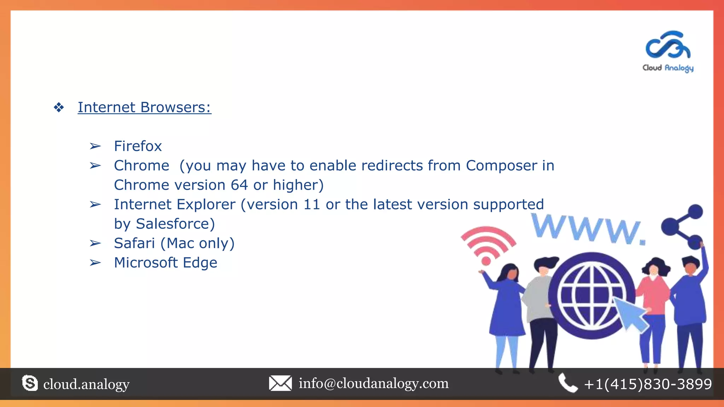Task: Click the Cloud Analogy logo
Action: [668, 51]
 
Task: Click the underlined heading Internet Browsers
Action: [144, 107]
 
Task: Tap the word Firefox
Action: [138, 146]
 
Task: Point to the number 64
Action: [239, 185]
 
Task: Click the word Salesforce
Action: [175, 224]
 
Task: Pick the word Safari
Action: [134, 243]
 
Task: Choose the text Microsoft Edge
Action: [165, 263]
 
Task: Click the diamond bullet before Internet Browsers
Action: [59, 107]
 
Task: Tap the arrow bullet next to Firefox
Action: [95, 146]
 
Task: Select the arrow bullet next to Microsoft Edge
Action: [95, 263]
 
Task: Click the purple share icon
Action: [683, 226]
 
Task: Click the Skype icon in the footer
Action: [30, 384]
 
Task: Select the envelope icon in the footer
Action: [280, 383]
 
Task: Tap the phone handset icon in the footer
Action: [568, 383]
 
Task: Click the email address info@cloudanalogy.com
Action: [374, 383]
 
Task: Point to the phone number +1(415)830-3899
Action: [648, 384]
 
